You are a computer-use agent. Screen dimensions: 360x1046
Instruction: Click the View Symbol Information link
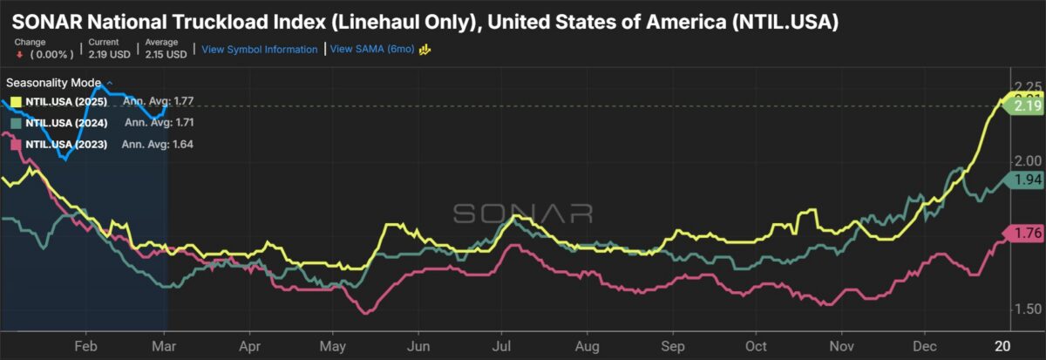click(x=259, y=50)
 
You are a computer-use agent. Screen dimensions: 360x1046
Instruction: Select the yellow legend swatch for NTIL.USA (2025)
click(x=16, y=102)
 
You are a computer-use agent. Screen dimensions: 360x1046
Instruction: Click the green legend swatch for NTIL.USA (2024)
click(x=16, y=123)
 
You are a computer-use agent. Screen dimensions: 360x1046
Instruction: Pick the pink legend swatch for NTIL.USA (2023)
click(x=16, y=144)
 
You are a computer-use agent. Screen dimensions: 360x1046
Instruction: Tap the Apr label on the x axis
click(x=249, y=344)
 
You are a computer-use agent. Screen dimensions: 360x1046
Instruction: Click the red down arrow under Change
click(x=17, y=54)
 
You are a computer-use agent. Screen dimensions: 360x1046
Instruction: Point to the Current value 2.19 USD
click(x=109, y=54)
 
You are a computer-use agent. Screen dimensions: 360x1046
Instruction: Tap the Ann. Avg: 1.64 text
click(x=165, y=144)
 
